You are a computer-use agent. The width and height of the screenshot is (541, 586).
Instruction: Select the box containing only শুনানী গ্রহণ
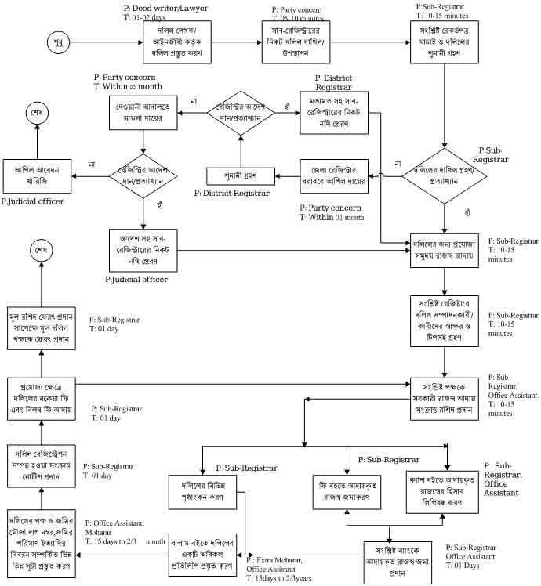[240, 173]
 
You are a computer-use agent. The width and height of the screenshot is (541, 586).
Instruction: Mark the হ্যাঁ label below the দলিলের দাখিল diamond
[468, 212]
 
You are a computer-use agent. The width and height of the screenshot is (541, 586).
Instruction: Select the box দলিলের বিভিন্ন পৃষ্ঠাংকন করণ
[203, 489]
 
